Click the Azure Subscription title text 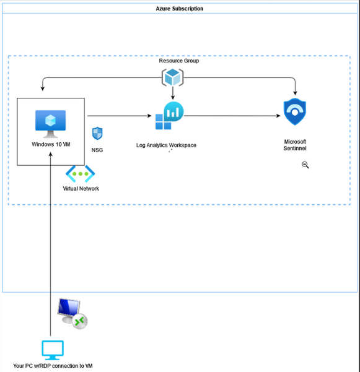click(180, 9)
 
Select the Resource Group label click(178, 61)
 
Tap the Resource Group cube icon click(172, 77)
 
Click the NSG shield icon click(97, 134)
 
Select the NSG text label click(97, 150)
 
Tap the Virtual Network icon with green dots click(80, 173)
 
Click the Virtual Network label click(81, 189)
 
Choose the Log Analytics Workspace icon click(167, 116)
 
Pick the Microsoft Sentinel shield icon click(295, 113)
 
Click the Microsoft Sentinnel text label click(295, 145)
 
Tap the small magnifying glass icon click(305, 165)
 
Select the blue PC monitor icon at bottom click(53, 350)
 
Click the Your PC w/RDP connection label click(53, 366)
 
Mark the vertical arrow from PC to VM click(51, 248)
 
